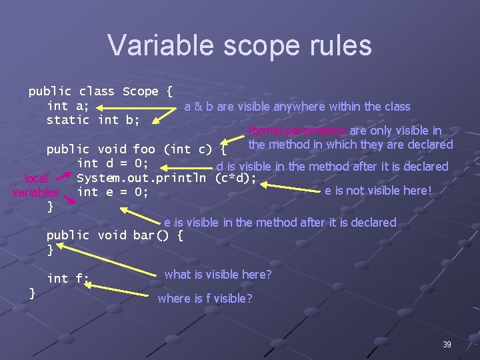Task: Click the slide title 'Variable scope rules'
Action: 239,45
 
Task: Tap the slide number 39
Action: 447,345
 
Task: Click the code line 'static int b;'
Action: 93,120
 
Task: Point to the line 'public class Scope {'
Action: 101,91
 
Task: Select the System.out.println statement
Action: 167,178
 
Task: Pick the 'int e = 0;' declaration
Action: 113,192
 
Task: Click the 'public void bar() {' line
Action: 115,235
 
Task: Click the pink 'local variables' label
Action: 36,185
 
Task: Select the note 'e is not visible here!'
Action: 378,191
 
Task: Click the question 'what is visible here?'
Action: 218,274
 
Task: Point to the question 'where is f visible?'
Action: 205,299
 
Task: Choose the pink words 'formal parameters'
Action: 297,131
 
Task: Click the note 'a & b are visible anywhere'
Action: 297,107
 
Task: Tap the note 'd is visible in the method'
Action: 332,167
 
